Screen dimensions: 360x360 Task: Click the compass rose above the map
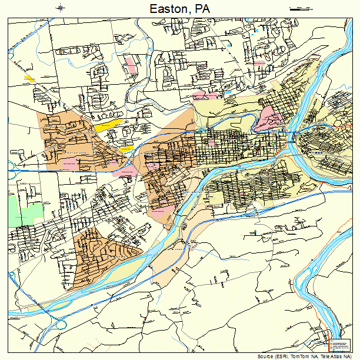pyautogui.click(x=61, y=8)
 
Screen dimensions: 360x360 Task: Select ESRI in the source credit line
pyautogui.click(x=288, y=356)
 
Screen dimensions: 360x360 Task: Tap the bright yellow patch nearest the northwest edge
pyautogui.click(x=29, y=78)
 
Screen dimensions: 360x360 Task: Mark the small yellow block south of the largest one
pyautogui.click(x=126, y=149)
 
